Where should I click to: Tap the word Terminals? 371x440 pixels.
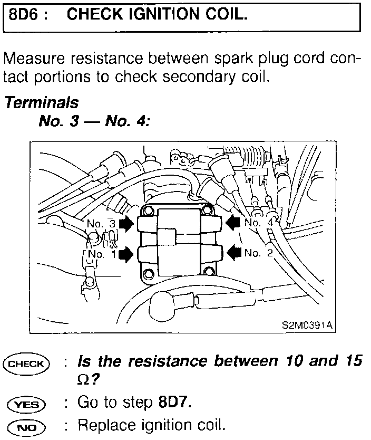coord(42,102)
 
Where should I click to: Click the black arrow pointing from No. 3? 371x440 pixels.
coord(126,224)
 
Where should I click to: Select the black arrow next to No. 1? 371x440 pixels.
coord(126,255)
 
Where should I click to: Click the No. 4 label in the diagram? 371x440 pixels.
coord(259,224)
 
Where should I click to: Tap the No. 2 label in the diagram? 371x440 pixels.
coord(259,254)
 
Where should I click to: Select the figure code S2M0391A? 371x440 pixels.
coord(307,326)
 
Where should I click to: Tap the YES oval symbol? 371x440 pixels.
coord(26,404)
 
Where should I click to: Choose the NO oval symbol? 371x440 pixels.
coord(26,425)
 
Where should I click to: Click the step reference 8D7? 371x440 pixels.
coord(174,404)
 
